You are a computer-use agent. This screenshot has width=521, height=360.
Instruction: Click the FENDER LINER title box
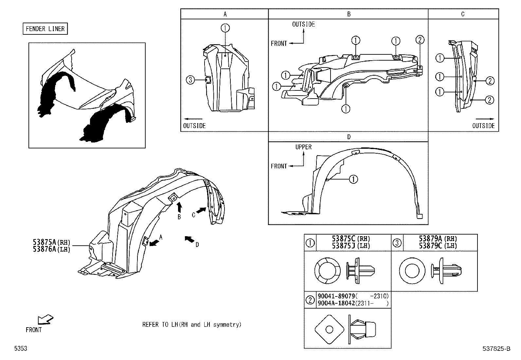[45, 29]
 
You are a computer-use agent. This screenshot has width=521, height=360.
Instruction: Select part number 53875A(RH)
[51, 242]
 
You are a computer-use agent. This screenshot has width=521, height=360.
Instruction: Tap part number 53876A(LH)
[51, 249]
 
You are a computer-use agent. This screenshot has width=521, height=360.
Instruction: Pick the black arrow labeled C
[201, 211]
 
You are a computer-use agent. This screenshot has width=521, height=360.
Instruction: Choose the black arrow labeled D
[189, 239]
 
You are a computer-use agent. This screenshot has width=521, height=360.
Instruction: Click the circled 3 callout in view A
[191, 80]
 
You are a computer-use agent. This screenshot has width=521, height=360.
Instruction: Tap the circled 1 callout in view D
[353, 179]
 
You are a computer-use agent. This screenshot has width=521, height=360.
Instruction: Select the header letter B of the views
[349, 14]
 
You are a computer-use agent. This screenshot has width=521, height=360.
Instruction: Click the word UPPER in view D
[303, 147]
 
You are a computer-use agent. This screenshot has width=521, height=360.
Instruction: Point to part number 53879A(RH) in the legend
[438, 239]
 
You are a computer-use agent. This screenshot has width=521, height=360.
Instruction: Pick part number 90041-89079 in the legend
[336, 296]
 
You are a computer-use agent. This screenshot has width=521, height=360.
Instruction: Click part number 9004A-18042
[336, 303]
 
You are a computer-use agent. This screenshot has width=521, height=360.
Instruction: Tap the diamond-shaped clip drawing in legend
[329, 329]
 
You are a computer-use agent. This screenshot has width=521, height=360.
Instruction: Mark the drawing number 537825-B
[496, 349]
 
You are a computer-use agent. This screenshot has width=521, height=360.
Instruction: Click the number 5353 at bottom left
[20, 349]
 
